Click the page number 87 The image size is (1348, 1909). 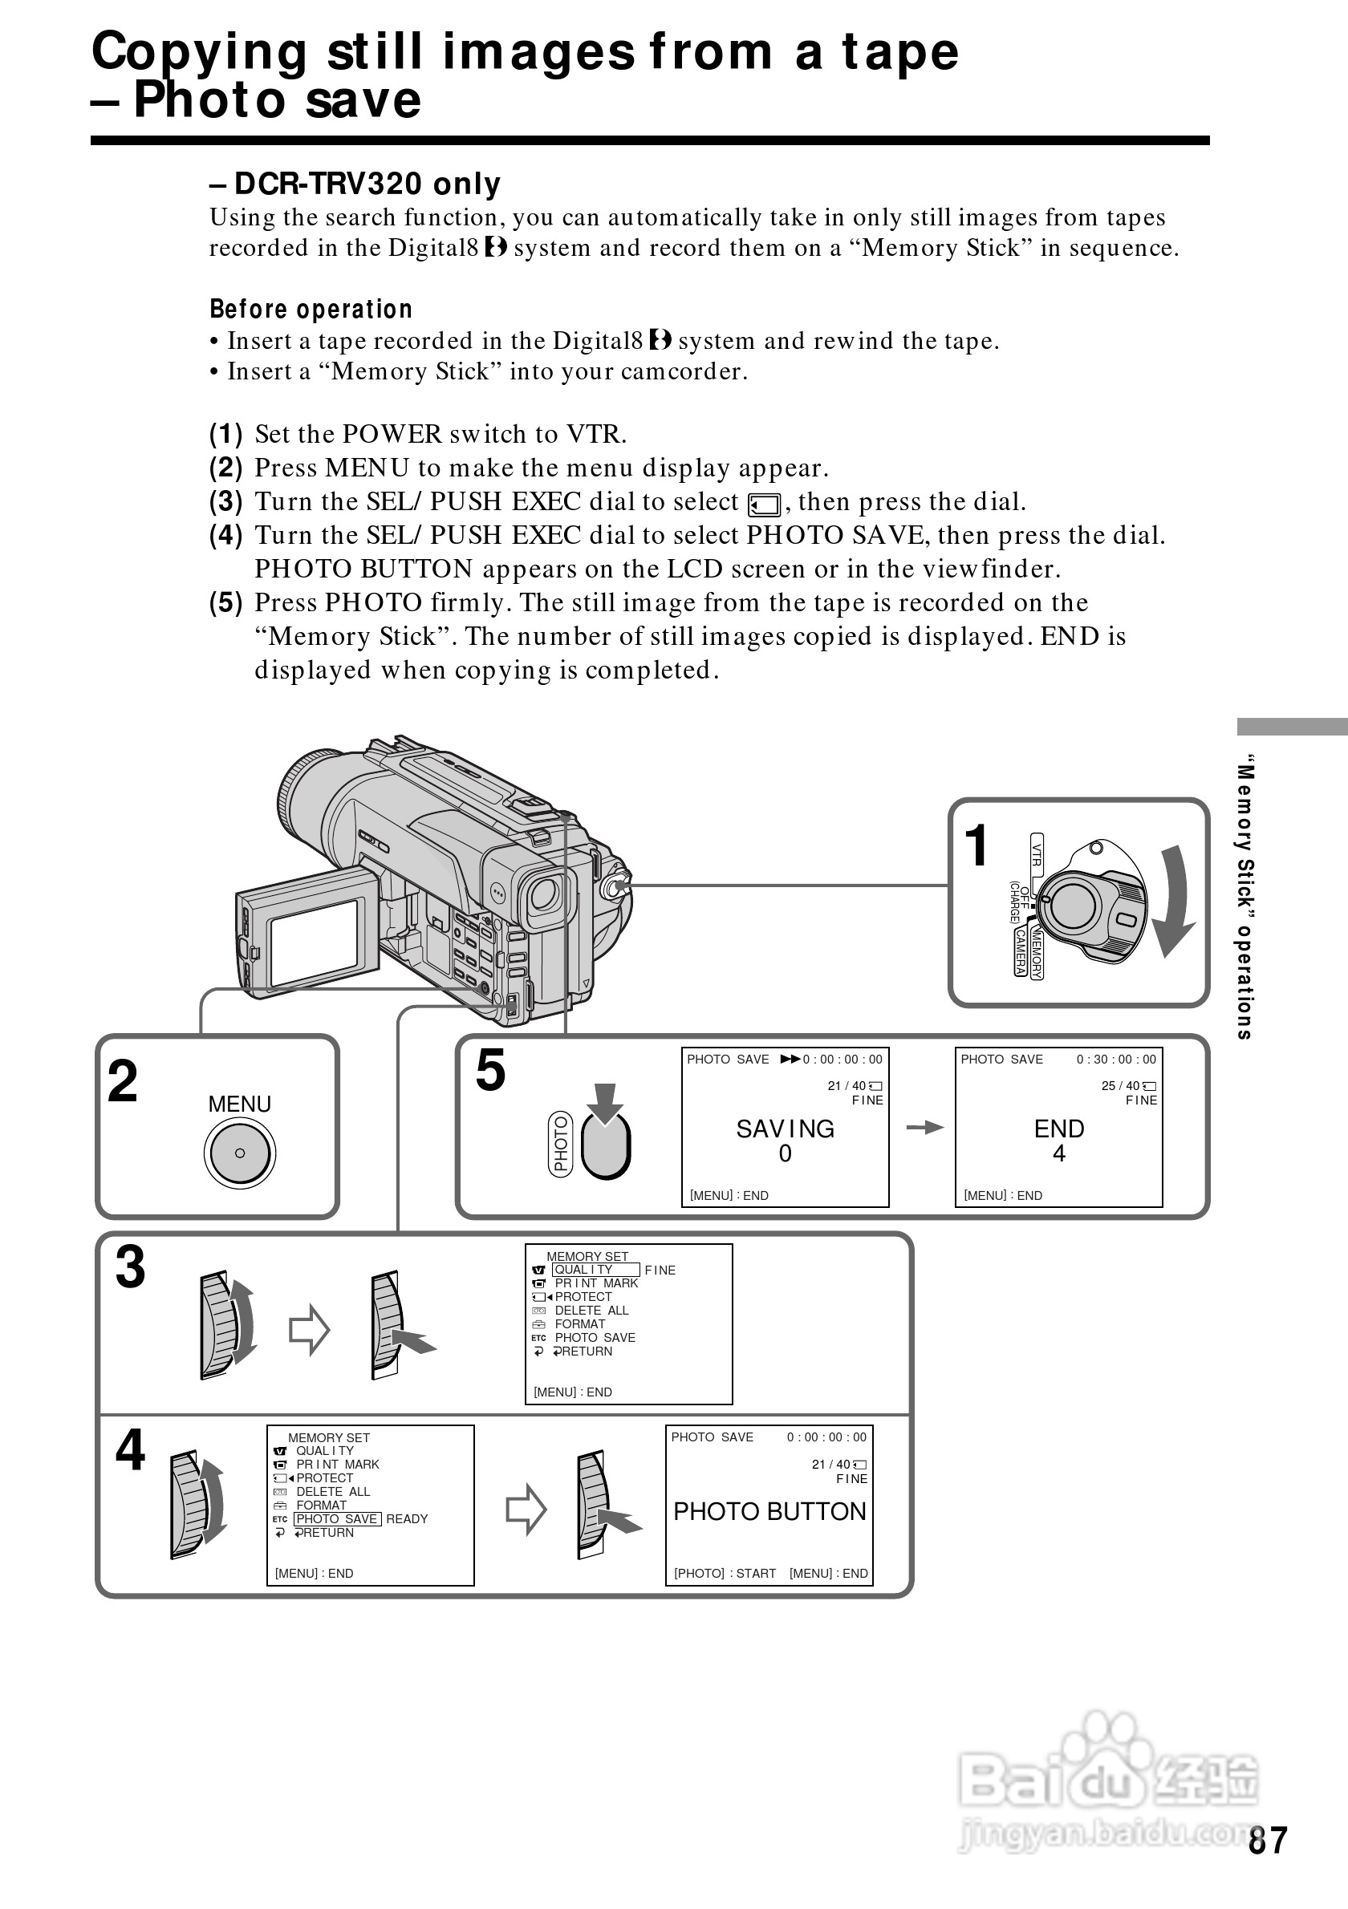point(1267,1840)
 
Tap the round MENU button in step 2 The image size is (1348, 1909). point(239,1153)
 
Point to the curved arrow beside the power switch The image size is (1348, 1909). point(1174,902)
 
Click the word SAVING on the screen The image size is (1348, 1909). point(785,1129)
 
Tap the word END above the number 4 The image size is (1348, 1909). point(1058,1129)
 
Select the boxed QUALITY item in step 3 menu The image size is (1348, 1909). point(595,1270)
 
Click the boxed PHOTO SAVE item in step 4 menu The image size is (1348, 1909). point(338,1518)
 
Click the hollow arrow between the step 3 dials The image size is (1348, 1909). point(310,1330)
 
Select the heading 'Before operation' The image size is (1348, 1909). point(311,310)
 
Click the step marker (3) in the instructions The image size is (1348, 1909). point(225,501)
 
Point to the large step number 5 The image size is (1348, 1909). point(490,1070)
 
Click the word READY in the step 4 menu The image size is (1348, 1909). point(407,1518)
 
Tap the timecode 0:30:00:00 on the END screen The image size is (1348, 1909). point(1116,1060)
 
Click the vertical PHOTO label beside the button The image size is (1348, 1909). point(562,1144)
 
